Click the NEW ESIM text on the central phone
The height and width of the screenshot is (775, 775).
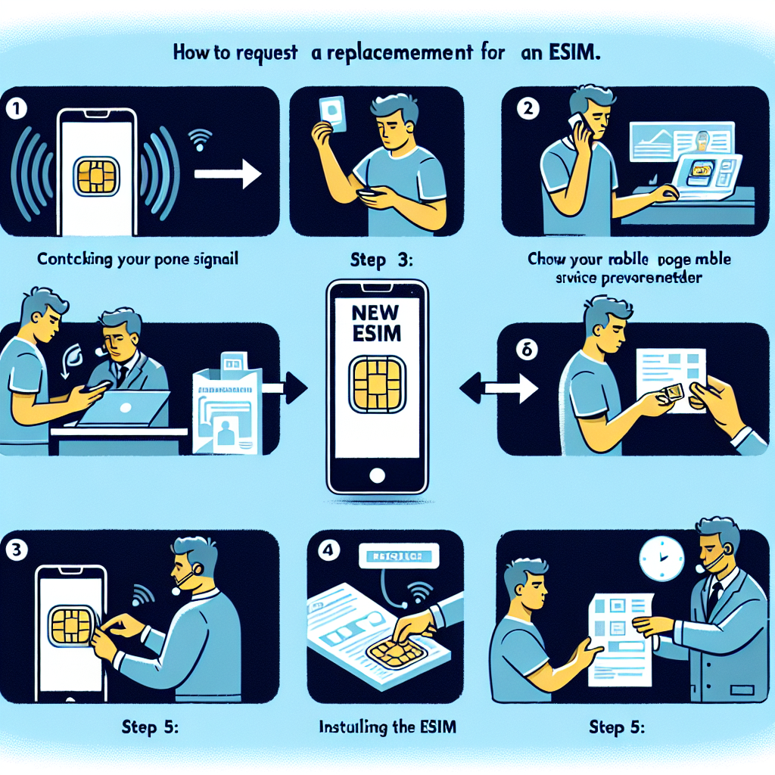[377, 322]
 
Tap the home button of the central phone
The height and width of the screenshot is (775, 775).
[377, 475]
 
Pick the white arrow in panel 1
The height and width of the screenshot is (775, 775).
[226, 174]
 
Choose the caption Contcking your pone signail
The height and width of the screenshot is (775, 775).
[138, 260]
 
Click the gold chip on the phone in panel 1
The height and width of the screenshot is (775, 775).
[96, 175]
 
